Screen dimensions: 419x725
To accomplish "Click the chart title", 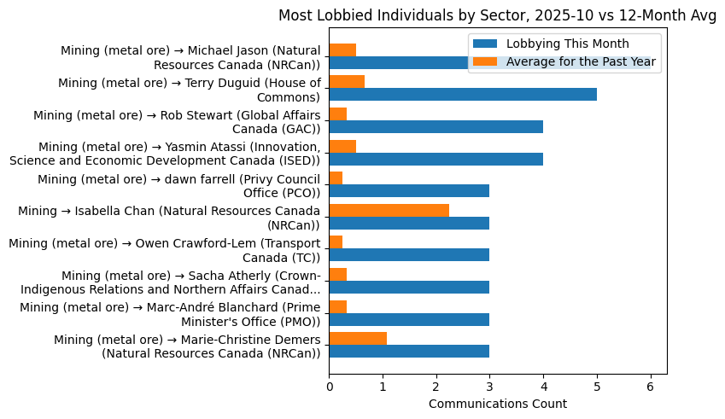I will tap(497, 15).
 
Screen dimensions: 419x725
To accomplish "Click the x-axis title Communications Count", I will tap(497, 403).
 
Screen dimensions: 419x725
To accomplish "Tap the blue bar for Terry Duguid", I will tap(463, 94).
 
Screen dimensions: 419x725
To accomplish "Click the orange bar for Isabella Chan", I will tap(389, 210).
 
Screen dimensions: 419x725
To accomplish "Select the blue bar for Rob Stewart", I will tap(436, 126).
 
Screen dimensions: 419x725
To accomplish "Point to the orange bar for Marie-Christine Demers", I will tap(358, 338).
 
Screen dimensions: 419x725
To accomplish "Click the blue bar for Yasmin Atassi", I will tap(436, 159).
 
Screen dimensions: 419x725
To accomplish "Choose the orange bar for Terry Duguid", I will tap(347, 81).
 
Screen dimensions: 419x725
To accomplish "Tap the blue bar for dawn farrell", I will tap(409, 190).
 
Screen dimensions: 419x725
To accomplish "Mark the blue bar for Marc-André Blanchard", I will tap(409, 318).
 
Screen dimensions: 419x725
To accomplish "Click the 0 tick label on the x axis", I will tap(330, 385).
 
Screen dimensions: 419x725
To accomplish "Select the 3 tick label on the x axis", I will tap(490, 385).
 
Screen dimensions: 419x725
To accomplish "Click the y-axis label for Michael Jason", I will tap(190, 57).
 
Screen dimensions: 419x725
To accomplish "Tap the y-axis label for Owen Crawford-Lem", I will tap(164, 250).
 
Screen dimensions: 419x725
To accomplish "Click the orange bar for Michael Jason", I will tap(342, 49).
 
